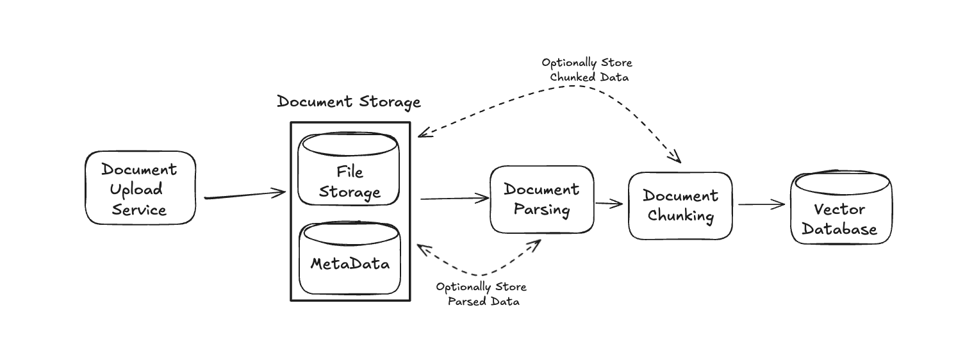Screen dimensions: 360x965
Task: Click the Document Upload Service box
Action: (140, 188)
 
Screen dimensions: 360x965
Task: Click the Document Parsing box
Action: (541, 199)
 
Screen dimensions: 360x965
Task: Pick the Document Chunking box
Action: (680, 206)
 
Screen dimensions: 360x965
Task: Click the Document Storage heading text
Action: (349, 102)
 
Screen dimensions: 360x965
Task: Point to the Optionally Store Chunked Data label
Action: (587, 70)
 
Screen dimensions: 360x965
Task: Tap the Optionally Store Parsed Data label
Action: (481, 294)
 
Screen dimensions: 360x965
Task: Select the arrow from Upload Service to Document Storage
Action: (245, 195)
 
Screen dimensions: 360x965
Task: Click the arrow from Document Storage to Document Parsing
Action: (454, 199)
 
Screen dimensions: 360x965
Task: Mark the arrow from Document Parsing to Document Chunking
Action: (609, 204)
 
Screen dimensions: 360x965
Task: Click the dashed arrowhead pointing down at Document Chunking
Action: (677, 158)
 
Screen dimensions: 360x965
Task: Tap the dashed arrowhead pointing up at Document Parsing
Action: (536, 244)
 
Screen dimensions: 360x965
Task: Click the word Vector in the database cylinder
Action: (839, 209)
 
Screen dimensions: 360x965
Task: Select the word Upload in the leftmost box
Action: (136, 190)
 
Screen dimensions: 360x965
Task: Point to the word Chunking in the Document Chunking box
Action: (680, 215)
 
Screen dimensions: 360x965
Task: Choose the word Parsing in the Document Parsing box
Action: (541, 209)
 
